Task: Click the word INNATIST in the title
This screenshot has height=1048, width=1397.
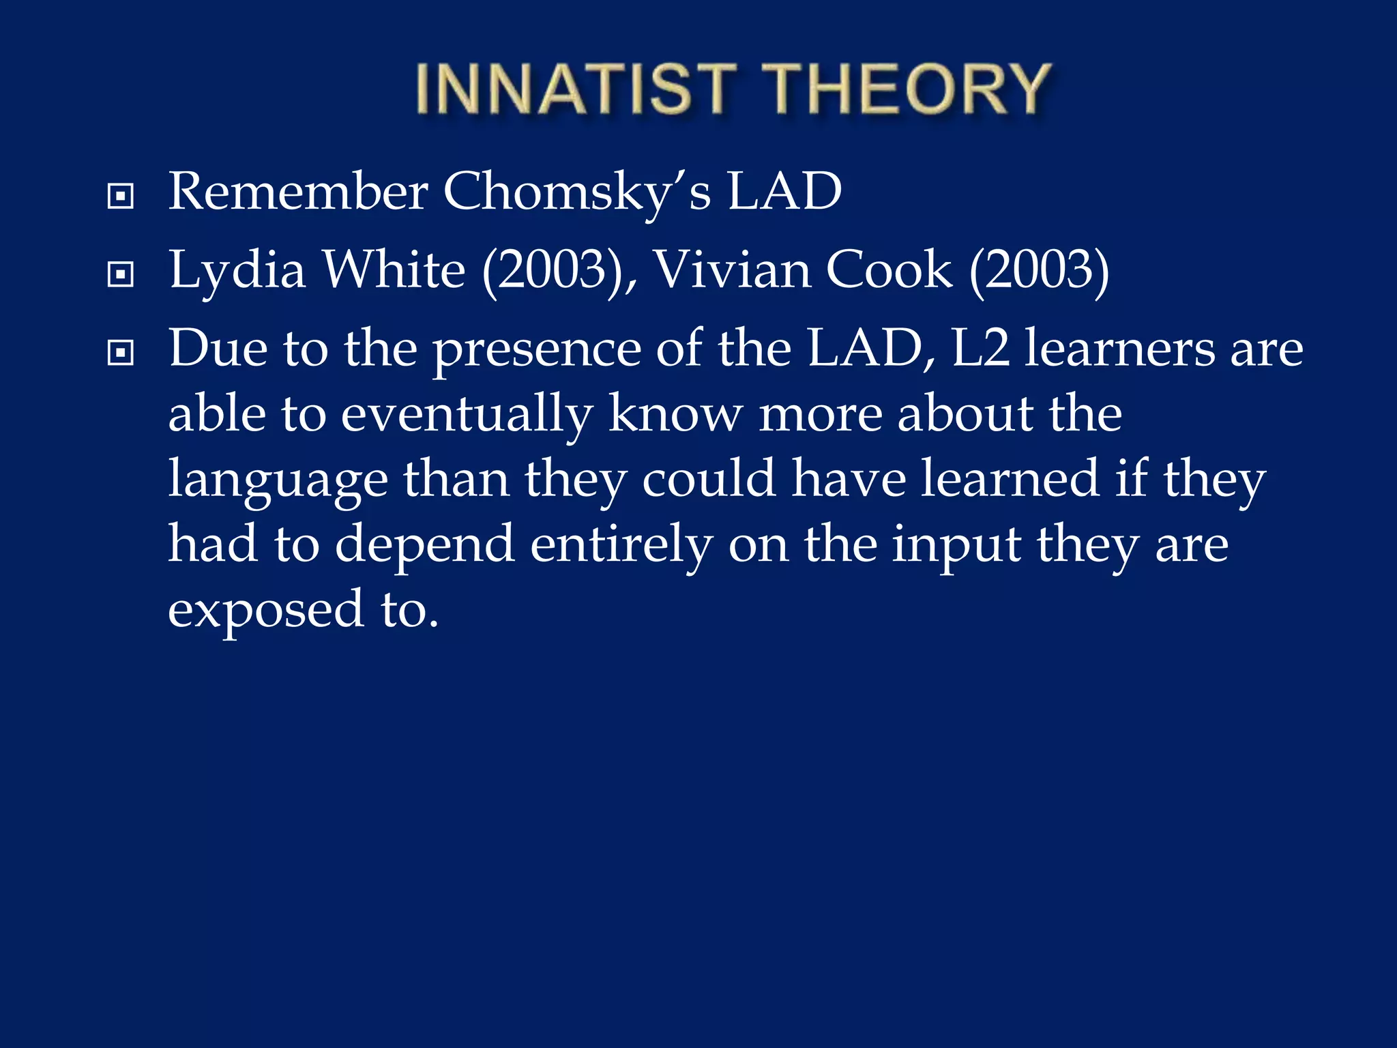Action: click(x=575, y=89)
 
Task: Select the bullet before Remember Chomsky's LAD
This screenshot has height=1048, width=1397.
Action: click(x=121, y=197)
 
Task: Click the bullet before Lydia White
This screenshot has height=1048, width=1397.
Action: click(x=121, y=275)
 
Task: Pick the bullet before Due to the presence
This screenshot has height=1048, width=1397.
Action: click(x=121, y=353)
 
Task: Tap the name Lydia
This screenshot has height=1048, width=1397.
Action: click(x=237, y=272)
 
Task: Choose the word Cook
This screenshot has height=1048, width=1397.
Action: click(x=888, y=270)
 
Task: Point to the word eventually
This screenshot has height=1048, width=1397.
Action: click(x=467, y=415)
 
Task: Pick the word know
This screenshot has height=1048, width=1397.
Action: click(x=674, y=413)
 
